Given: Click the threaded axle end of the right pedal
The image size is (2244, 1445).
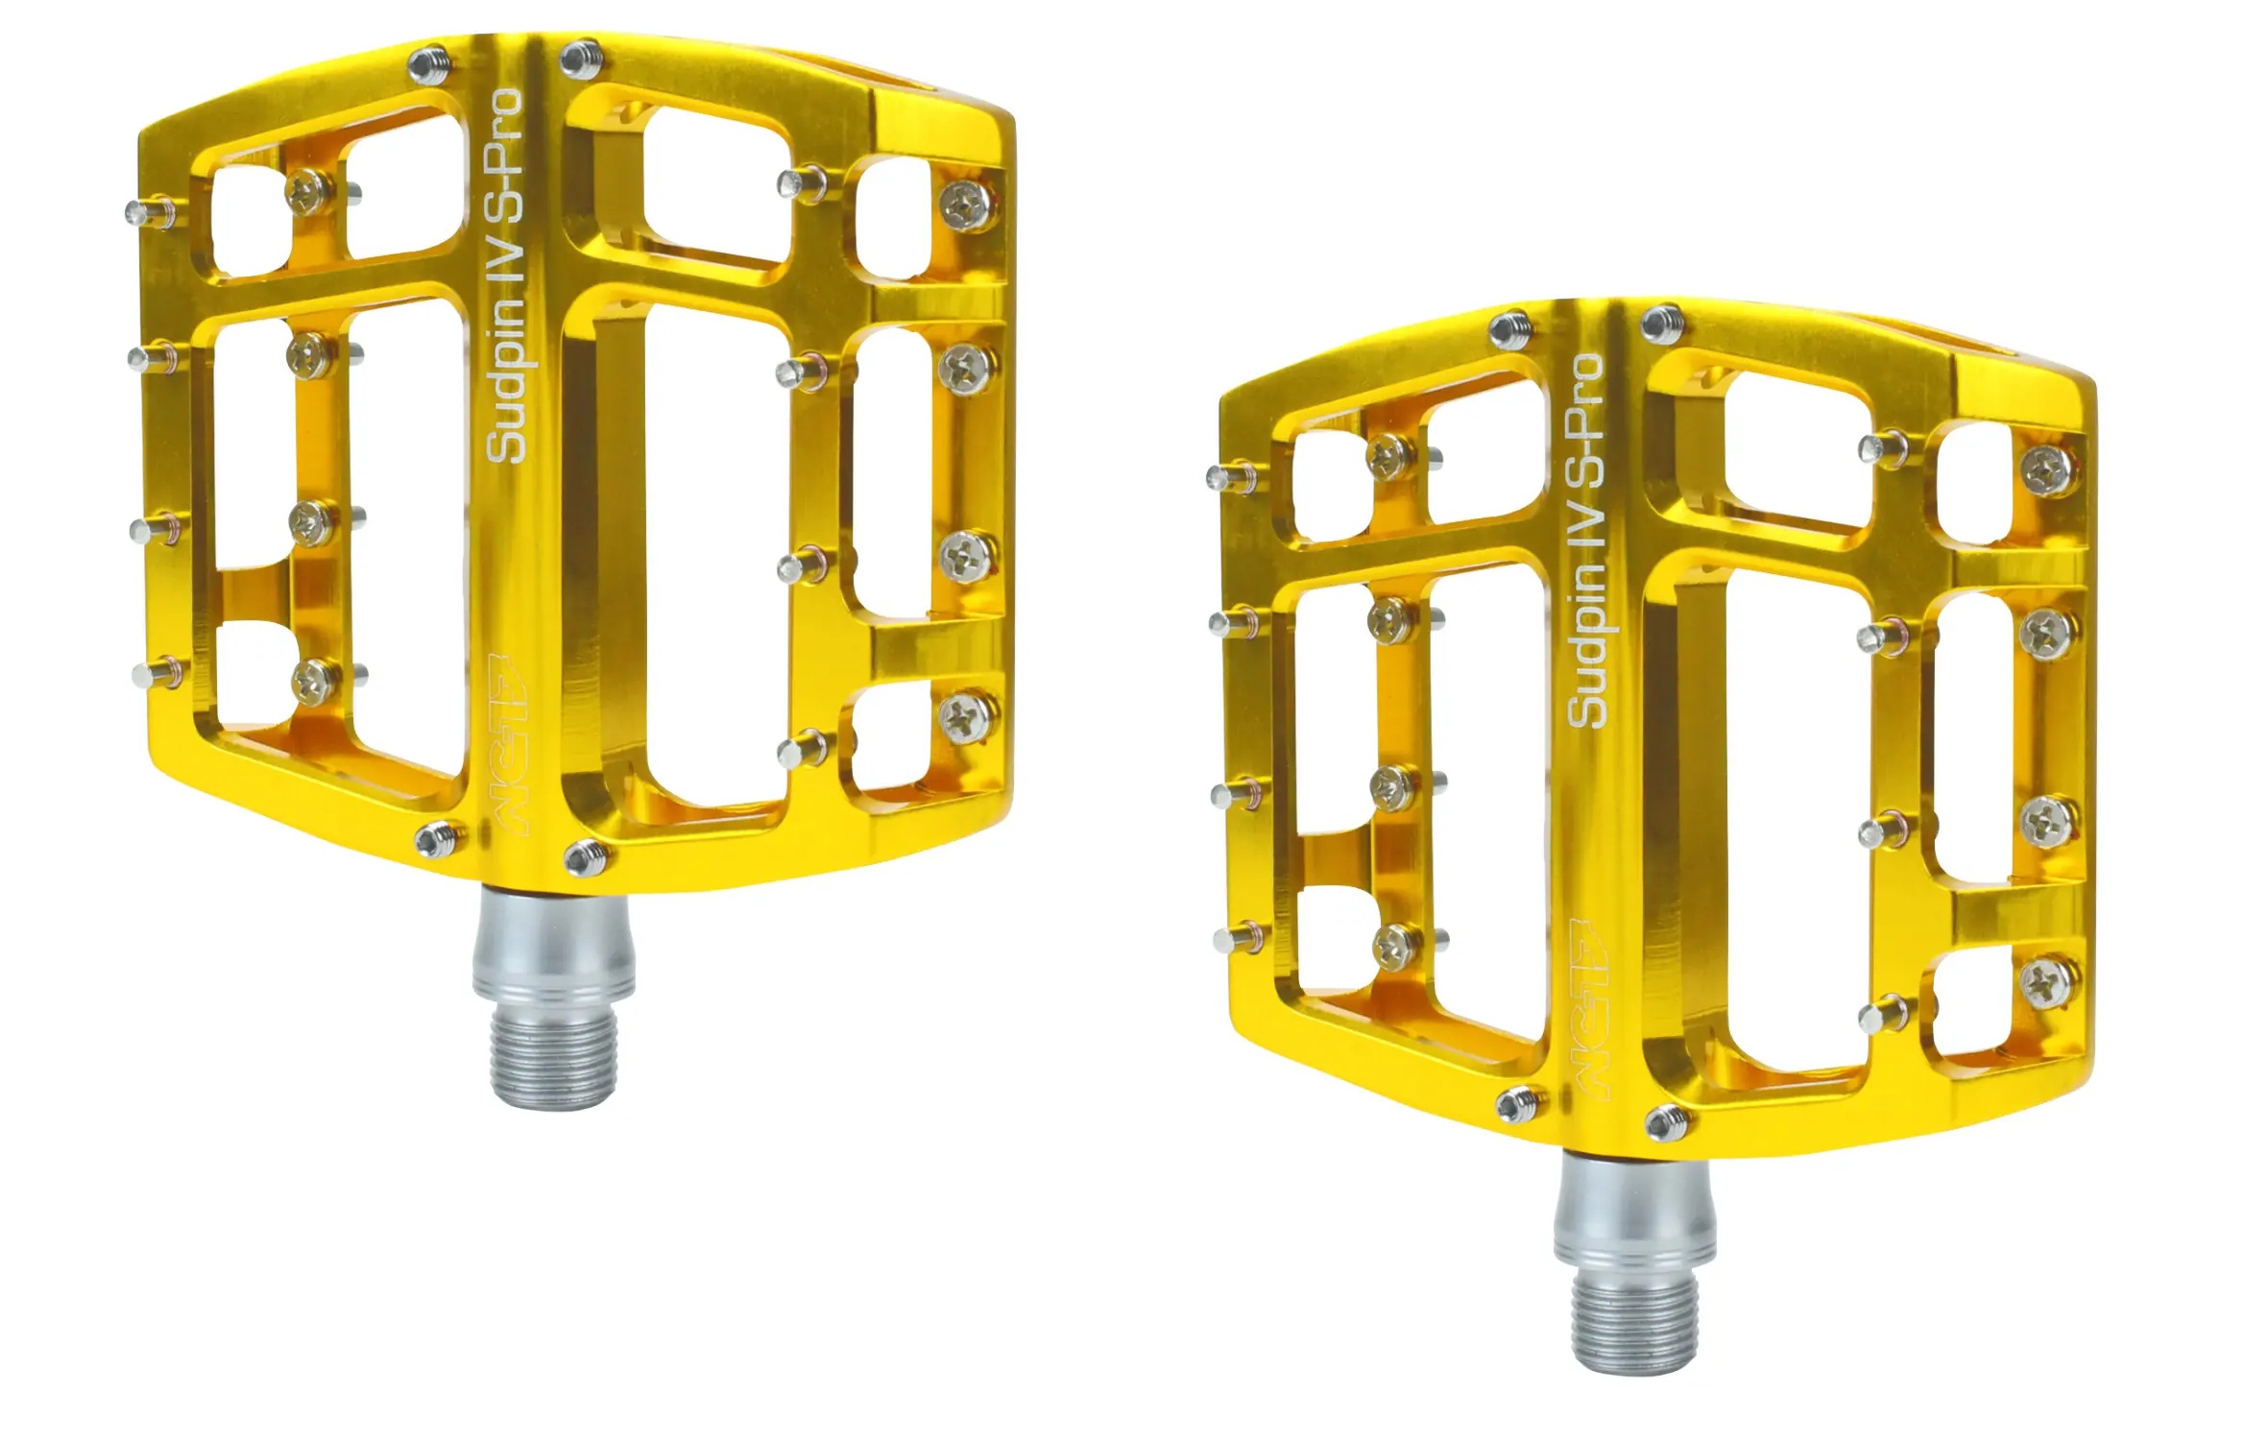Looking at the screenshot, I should tap(1633, 1322).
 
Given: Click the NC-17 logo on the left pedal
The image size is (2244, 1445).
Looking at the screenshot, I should tap(509, 744).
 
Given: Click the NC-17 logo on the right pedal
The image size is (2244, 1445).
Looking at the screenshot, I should tap(1589, 1008).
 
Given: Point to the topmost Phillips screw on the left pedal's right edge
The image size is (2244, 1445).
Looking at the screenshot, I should tap(967, 205).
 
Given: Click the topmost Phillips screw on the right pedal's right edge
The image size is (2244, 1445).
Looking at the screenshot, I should tap(2047, 470).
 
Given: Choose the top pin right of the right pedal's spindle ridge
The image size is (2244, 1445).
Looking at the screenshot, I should tap(1661, 324).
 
